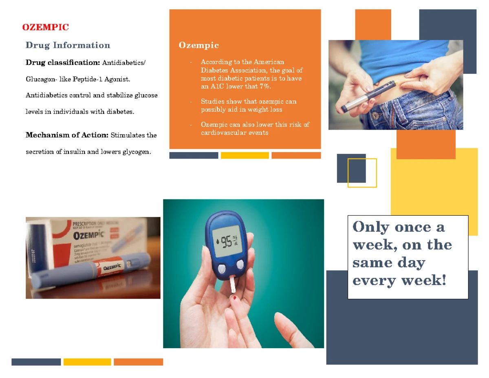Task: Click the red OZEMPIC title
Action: (45, 27)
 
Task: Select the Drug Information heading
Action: (68, 45)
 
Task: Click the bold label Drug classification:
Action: (63, 63)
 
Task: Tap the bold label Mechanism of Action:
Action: (67, 135)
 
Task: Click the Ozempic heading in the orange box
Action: (198, 45)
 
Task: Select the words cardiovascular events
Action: (234, 133)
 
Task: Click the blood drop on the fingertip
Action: (236, 298)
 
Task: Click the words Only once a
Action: (398, 227)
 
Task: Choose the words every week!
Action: (399, 281)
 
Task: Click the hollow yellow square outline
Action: (362, 173)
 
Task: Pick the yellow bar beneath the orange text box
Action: (244, 155)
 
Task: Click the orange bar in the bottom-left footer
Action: (138, 362)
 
